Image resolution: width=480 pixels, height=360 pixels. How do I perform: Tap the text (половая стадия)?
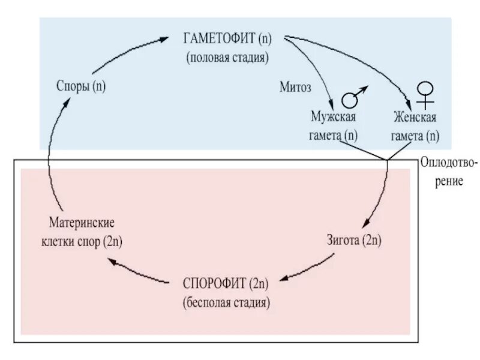pyautogui.click(x=227, y=58)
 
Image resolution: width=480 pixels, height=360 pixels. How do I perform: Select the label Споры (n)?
pyautogui.click(x=80, y=86)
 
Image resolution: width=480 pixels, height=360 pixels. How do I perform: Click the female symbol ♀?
pyautogui.click(x=425, y=94)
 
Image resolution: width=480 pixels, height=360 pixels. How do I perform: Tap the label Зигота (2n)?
pyautogui.click(x=355, y=241)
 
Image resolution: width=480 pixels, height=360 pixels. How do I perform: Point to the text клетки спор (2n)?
pyautogui.click(x=82, y=241)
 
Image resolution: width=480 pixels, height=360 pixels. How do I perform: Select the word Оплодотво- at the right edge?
pyautogui.click(x=449, y=163)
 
